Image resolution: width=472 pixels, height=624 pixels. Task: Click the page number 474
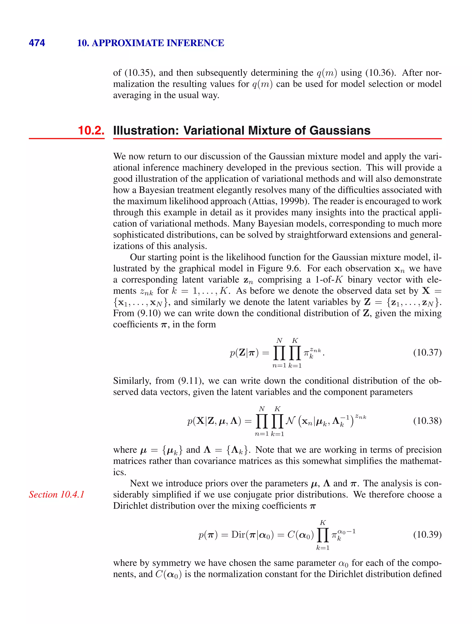pos(37,43)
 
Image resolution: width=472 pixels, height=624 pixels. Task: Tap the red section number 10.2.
pos(91,130)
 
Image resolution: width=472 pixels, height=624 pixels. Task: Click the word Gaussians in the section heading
pos(340,130)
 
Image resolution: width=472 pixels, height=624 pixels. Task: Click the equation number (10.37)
pos(427,353)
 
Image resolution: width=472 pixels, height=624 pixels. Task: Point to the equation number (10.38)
pos(427,421)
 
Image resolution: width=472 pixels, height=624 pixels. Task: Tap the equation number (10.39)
pos(427,534)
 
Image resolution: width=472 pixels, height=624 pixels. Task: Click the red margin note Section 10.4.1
pos(57,494)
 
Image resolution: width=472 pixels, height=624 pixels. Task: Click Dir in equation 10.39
pos(237,535)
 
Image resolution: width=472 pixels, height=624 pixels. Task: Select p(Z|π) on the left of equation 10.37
pos(244,353)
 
